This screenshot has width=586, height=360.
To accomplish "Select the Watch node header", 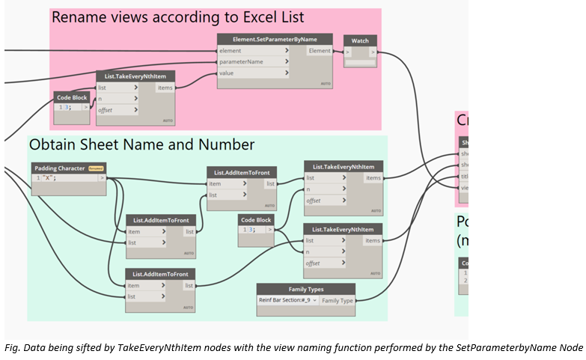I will click(x=360, y=40).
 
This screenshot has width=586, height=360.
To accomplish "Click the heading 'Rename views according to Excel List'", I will click(x=177, y=17).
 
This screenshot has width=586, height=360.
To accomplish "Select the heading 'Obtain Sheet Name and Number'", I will click(x=141, y=144).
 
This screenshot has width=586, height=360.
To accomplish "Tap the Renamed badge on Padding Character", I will click(x=96, y=168).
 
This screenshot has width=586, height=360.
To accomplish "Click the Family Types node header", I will click(x=306, y=289).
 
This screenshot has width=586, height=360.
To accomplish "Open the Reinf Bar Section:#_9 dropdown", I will click(x=288, y=300).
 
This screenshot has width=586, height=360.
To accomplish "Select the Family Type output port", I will click(x=338, y=300).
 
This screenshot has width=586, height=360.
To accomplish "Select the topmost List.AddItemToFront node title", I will click(x=241, y=172).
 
